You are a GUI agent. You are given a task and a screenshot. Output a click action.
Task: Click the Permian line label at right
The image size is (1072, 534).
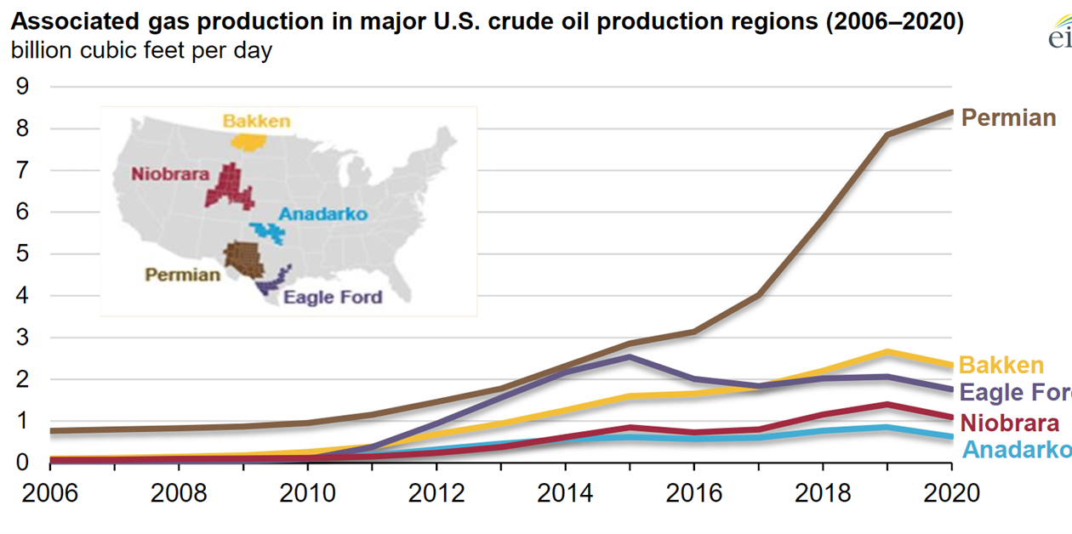click(x=1008, y=118)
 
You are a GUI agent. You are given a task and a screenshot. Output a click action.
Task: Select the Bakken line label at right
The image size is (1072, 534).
click(x=1001, y=366)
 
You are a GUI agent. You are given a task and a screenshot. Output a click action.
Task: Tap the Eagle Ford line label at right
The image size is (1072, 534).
click(x=1015, y=394)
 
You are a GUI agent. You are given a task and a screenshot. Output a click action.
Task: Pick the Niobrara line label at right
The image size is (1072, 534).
click(x=1010, y=423)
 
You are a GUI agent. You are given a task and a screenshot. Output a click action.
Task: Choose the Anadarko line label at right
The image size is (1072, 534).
click(x=1016, y=449)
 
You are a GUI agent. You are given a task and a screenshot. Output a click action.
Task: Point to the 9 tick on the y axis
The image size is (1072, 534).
click(x=23, y=87)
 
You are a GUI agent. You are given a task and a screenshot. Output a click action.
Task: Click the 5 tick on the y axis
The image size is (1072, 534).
click(x=23, y=253)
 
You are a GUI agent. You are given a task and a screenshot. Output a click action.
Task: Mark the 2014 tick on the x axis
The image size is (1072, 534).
click(x=566, y=493)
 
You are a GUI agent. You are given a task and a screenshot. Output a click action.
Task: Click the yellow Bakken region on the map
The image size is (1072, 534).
click(x=248, y=140)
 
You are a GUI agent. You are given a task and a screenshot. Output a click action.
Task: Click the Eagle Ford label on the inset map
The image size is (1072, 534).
click(x=333, y=298)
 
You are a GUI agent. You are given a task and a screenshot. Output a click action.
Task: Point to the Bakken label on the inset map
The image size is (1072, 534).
click(x=256, y=121)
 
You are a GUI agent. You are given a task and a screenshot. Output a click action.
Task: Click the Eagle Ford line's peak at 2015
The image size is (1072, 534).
click(x=629, y=356)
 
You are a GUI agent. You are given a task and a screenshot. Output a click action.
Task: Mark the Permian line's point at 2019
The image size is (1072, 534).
click(x=887, y=134)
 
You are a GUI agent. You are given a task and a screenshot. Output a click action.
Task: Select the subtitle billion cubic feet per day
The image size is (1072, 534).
click(x=141, y=51)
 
